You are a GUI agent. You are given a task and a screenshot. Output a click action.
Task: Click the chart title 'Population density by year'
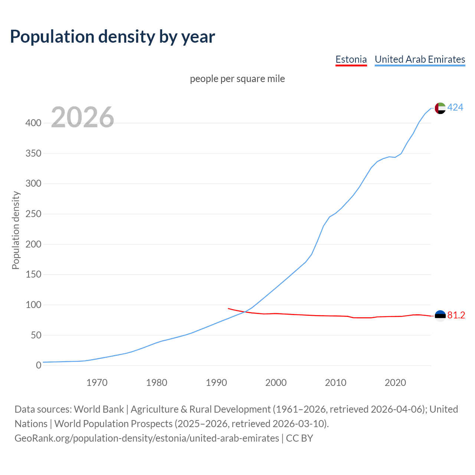point(112,36)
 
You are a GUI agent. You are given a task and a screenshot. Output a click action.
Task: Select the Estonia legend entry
point(351,59)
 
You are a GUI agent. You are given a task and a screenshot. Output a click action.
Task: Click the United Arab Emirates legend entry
point(420,59)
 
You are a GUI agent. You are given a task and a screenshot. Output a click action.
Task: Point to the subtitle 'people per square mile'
point(237,79)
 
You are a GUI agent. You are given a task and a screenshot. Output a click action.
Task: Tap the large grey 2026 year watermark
point(82,117)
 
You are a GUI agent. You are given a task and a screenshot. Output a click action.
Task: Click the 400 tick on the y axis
point(33,123)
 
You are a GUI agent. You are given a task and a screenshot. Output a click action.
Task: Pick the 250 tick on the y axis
point(33,214)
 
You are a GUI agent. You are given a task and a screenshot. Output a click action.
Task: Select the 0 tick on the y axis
point(38,366)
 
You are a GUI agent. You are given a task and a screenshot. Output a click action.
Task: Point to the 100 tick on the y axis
point(33,305)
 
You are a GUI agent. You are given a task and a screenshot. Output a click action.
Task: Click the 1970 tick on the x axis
point(97,383)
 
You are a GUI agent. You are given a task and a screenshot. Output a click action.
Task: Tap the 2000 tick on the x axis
point(276,383)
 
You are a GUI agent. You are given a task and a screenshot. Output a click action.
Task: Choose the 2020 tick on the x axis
point(395,383)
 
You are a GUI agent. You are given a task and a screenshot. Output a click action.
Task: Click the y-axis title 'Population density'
point(16,230)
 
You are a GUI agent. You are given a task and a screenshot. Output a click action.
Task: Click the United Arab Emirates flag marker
point(440,108)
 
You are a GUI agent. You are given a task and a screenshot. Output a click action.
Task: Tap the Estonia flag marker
point(440,316)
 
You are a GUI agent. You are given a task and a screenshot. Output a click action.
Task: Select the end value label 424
point(455,107)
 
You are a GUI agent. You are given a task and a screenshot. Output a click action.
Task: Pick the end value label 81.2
point(456,315)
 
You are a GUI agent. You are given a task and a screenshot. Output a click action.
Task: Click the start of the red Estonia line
point(228,308)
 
